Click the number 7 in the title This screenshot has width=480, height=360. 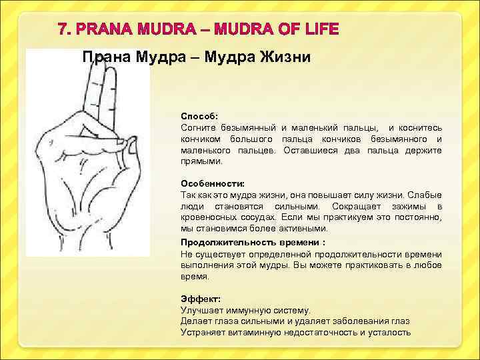(64, 29)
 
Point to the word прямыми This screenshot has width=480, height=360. (197, 161)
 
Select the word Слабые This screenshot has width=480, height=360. (425, 194)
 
